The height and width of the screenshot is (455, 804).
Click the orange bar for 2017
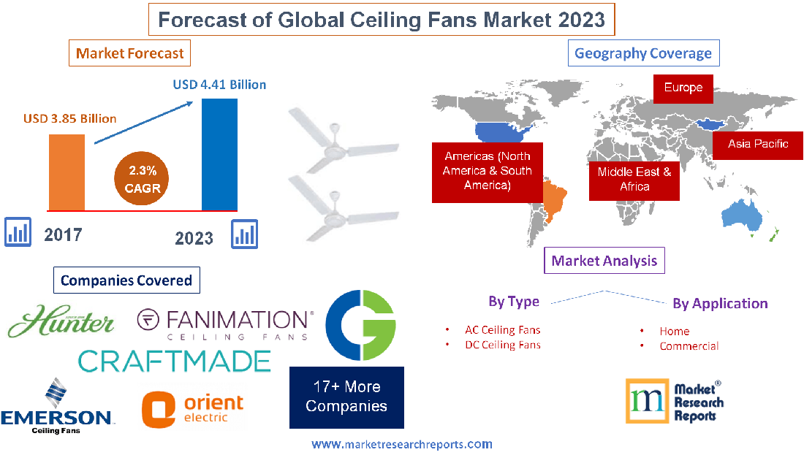click(x=66, y=172)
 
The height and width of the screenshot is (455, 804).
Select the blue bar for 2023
click(x=219, y=153)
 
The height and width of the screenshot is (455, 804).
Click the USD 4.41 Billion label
click(x=219, y=85)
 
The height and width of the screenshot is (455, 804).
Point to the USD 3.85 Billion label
click(x=69, y=118)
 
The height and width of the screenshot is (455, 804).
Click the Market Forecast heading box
click(x=130, y=53)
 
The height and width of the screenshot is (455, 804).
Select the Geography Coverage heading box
click(x=642, y=53)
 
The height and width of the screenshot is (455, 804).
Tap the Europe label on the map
click(x=683, y=88)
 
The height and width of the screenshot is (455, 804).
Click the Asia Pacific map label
click(x=757, y=144)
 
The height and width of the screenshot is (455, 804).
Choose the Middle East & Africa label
click(x=634, y=179)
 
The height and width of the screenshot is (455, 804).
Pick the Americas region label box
click(x=487, y=171)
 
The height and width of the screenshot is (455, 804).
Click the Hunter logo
click(x=62, y=321)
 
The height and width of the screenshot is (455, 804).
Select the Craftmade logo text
click(x=174, y=360)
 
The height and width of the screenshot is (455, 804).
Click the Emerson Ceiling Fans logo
click(x=56, y=408)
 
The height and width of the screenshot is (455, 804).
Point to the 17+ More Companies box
click(x=346, y=397)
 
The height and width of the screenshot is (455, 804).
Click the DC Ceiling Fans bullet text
click(x=502, y=345)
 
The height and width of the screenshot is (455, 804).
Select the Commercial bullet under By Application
click(x=689, y=346)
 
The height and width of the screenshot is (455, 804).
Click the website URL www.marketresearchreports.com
click(x=401, y=444)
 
